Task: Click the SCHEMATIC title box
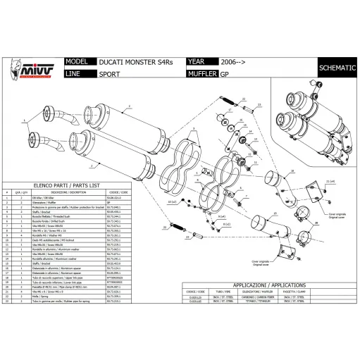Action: (x=337, y=68)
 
